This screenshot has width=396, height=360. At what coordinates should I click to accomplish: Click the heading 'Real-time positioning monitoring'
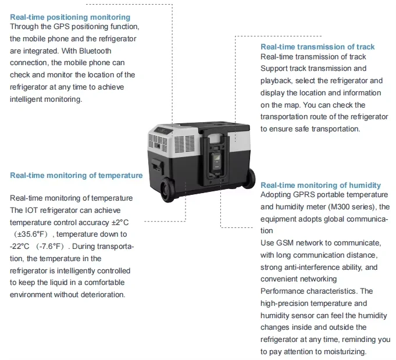70,17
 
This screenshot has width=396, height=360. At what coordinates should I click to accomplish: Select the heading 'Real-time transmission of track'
317,47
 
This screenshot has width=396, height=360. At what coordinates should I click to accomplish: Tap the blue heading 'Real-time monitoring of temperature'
76,175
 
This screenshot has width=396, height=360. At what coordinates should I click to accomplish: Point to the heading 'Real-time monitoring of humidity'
320,185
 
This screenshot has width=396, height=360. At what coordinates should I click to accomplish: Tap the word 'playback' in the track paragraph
277,80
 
